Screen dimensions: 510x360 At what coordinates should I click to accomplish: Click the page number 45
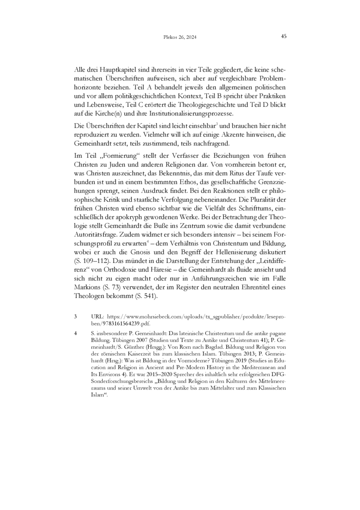(x=284, y=37)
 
